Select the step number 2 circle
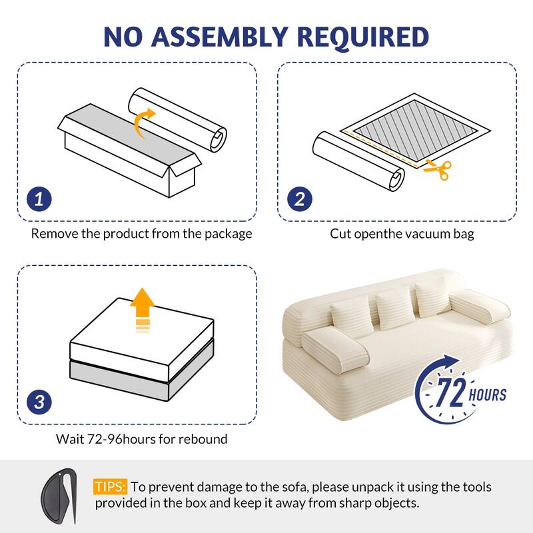pos(300,199)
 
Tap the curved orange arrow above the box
pos(145,123)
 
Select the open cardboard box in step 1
pos(130,152)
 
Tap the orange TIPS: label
pos(111,487)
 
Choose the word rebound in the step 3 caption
pos(204,439)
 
